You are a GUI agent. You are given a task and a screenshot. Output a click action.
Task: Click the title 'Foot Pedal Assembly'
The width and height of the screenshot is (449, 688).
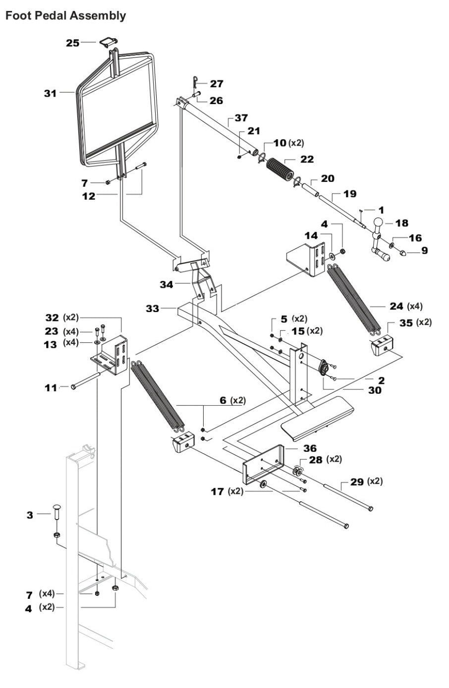(x=65, y=16)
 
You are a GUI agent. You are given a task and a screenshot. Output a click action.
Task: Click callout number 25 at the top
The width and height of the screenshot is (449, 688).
(x=73, y=43)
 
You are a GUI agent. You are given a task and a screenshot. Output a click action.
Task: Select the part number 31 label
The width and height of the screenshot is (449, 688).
(x=50, y=93)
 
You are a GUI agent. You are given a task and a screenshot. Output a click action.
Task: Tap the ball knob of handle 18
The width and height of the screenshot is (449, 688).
(x=379, y=223)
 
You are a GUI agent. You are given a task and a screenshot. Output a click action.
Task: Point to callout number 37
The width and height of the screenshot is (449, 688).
(x=241, y=118)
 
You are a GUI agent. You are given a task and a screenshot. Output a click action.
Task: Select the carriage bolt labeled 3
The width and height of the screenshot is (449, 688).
(x=55, y=512)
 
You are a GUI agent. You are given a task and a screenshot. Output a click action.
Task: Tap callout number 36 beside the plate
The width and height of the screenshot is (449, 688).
(x=310, y=448)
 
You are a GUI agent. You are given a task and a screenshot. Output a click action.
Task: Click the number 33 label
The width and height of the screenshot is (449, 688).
(x=153, y=309)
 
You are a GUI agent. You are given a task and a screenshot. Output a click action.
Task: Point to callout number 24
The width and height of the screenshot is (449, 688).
(x=396, y=306)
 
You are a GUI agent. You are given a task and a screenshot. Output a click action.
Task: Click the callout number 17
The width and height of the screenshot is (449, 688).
(x=217, y=491)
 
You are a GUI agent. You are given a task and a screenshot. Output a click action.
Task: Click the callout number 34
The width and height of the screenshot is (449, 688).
(x=167, y=284)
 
